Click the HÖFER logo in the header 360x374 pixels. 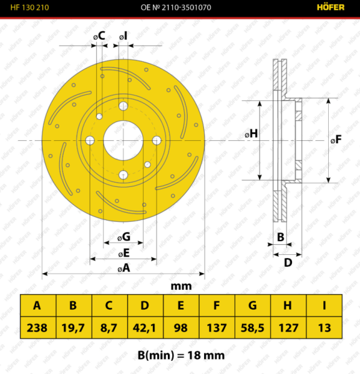click(x=331, y=7)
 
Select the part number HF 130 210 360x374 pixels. click(x=29, y=7)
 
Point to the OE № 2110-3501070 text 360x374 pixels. click(x=176, y=7)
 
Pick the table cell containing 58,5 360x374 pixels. click(x=253, y=327)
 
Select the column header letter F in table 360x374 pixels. click(x=216, y=305)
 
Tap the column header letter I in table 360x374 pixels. click(x=324, y=305)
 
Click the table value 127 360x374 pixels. click(x=288, y=327)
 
